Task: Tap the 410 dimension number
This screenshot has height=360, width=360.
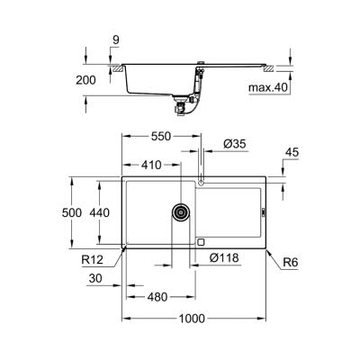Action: point(151,166)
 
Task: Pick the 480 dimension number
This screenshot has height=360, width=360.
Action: point(158,297)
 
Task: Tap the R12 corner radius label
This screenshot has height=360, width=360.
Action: point(93,260)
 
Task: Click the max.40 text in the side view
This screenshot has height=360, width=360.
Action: point(269,87)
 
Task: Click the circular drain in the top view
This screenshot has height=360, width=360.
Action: point(181,213)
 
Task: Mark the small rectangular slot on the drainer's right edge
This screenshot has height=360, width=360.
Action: point(264,213)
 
